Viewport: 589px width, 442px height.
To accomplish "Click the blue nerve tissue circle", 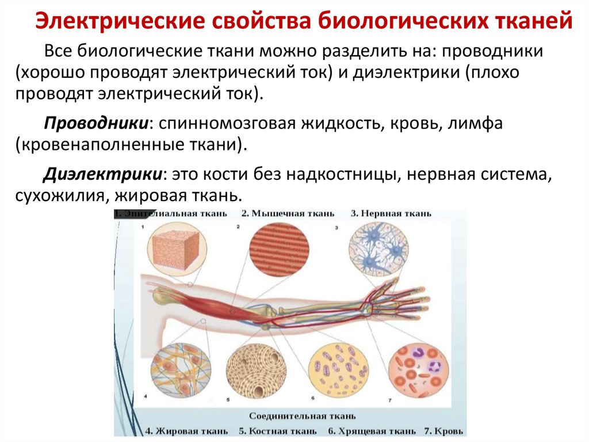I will [x=378, y=249].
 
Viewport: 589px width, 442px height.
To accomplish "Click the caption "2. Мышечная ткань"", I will [x=287, y=214].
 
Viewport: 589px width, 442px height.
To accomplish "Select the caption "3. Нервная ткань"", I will [x=391, y=214].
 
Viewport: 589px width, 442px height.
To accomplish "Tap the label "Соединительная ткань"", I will [x=302, y=415].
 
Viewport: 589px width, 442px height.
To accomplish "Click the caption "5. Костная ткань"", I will [x=277, y=430].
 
